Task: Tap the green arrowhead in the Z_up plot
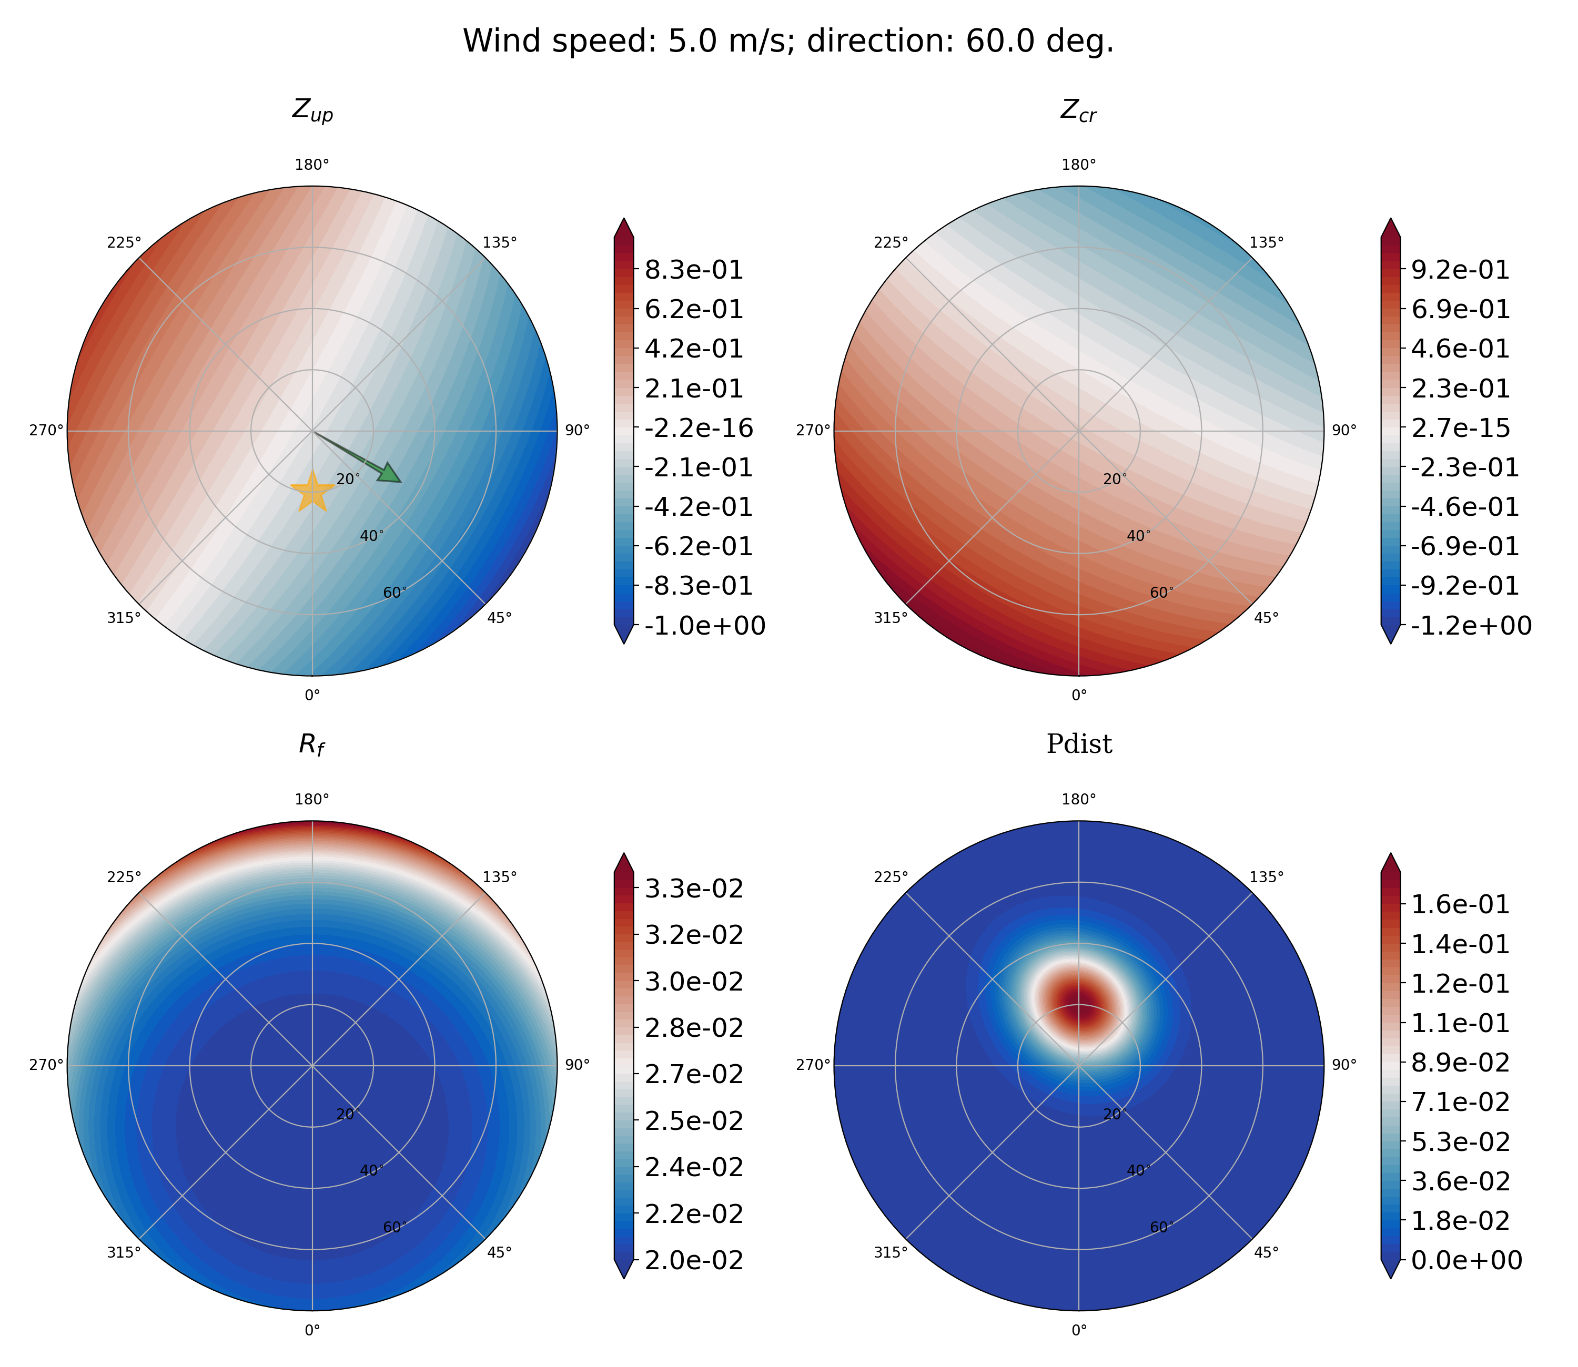click(391, 474)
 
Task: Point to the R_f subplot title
click(311, 746)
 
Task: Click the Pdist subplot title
click(1079, 744)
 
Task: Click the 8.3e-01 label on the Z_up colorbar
click(694, 270)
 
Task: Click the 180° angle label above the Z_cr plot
click(1078, 164)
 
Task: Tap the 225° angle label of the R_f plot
click(124, 876)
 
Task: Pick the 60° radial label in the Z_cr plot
click(1162, 593)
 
